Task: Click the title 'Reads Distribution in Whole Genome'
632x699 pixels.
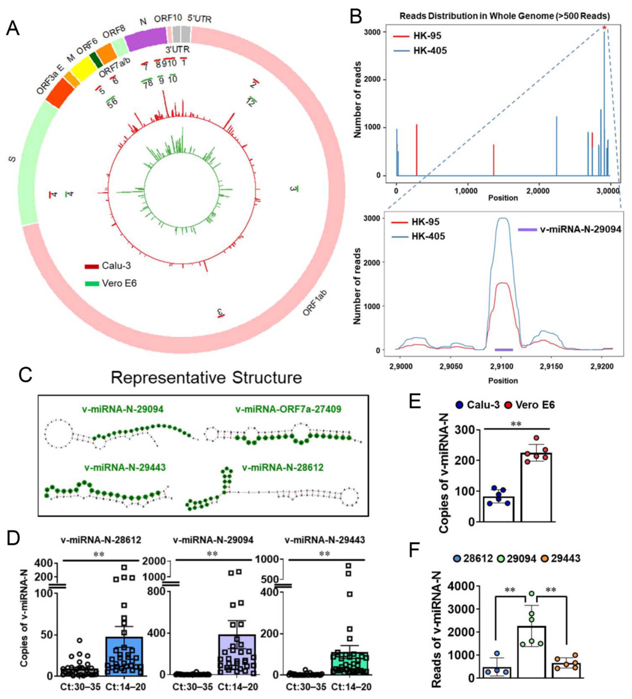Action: tap(505, 16)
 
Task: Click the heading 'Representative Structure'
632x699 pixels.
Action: tap(206, 378)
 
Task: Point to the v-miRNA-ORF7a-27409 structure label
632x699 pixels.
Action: tap(288, 410)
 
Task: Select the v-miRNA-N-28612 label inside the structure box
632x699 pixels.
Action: tap(283, 468)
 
